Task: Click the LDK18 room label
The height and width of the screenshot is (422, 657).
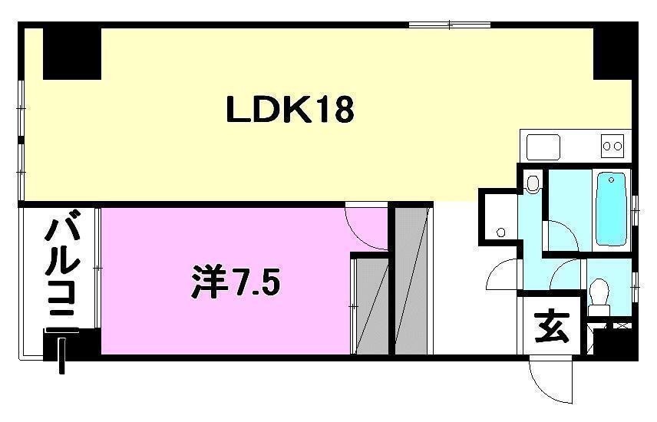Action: (x=289, y=110)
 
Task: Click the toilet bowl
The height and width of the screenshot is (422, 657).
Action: (x=600, y=293)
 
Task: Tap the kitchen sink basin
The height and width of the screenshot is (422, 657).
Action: (x=543, y=144)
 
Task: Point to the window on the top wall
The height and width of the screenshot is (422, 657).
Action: (x=449, y=25)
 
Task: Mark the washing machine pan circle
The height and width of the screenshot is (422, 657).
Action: (x=500, y=232)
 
